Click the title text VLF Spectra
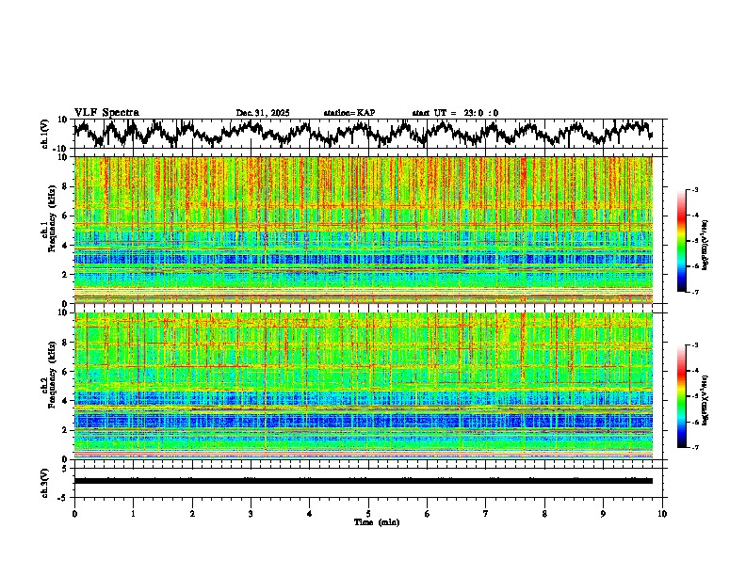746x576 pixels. coord(106,112)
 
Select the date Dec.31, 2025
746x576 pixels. coord(263,113)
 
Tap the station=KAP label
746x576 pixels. coord(349,113)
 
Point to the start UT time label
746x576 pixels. coord(455,113)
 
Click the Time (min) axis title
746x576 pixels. coord(368,521)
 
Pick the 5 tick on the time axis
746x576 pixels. coord(368,513)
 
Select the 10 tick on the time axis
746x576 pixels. coord(662,513)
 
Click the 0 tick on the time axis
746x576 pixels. coord(74,513)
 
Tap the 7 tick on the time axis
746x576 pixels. coord(486,513)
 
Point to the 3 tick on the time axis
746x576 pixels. coord(251,513)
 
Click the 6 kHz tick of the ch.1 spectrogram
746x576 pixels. coord(65,216)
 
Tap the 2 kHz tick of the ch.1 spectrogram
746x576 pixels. coord(65,275)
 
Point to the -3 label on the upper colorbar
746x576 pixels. coord(706,190)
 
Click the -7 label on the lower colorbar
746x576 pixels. coord(706,448)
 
